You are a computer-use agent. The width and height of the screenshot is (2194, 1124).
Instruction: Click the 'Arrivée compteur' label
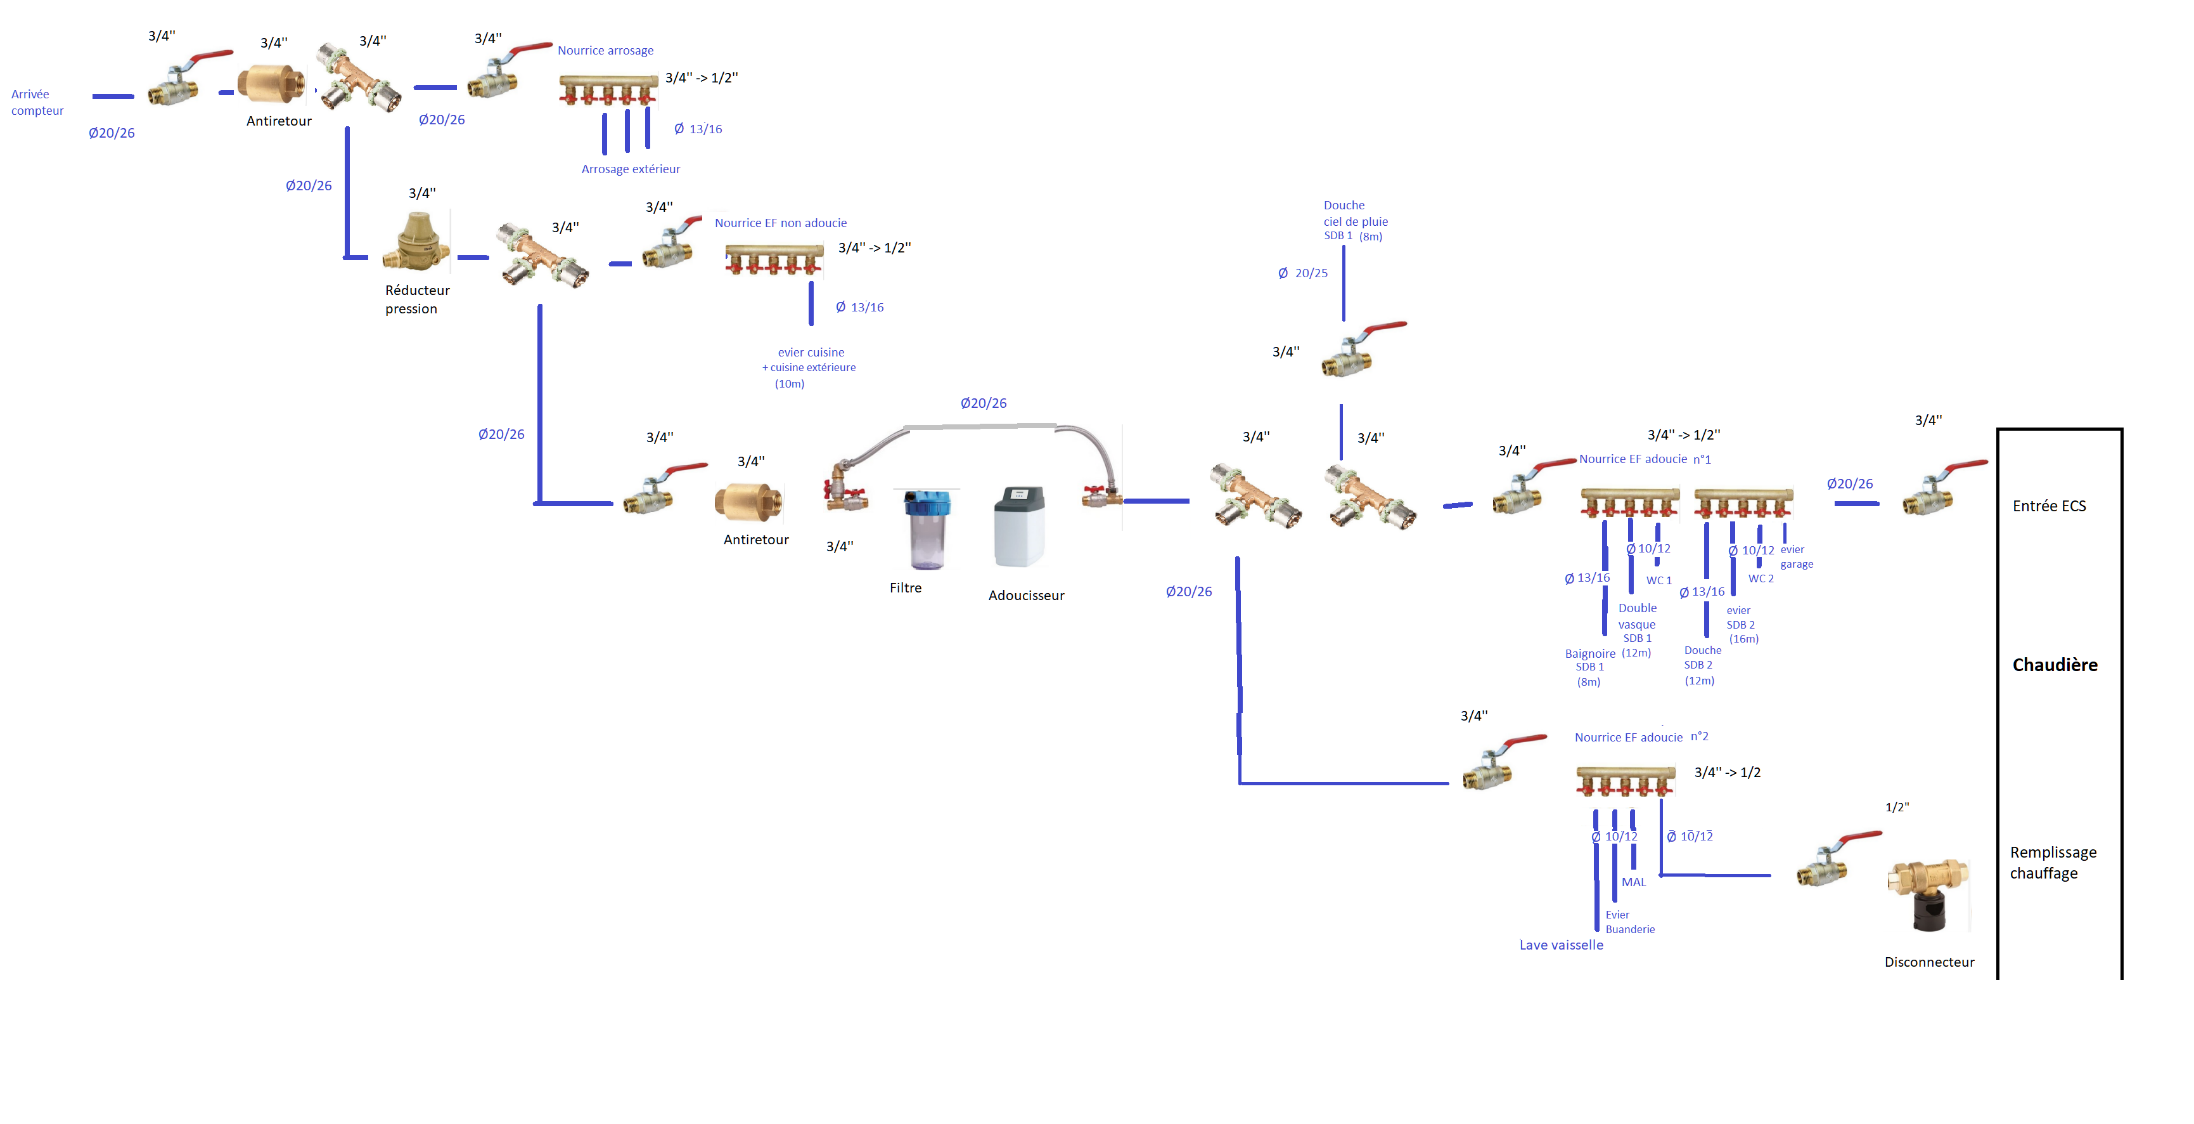(37, 102)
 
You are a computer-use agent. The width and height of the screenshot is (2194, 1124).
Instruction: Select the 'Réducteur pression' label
(416, 299)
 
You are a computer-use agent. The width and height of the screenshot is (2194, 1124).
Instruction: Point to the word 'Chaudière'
(2055, 665)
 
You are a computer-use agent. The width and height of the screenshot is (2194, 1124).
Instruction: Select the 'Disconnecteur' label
(1928, 962)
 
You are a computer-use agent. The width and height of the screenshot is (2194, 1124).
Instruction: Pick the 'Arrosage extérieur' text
(631, 169)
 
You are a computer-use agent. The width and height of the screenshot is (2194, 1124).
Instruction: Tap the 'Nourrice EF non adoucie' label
(780, 223)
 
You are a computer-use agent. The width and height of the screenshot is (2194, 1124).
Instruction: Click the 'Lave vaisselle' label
(1560, 945)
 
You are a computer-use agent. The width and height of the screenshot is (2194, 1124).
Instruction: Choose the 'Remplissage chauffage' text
(2052, 863)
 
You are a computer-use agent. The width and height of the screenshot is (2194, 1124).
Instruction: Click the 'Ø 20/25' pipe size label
(1302, 273)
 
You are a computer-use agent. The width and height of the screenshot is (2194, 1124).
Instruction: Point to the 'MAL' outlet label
(1633, 882)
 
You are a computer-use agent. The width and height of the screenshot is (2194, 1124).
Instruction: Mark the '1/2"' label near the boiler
(1897, 807)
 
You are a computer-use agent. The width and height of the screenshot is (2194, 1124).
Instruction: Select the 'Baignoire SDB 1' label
(1589, 660)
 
